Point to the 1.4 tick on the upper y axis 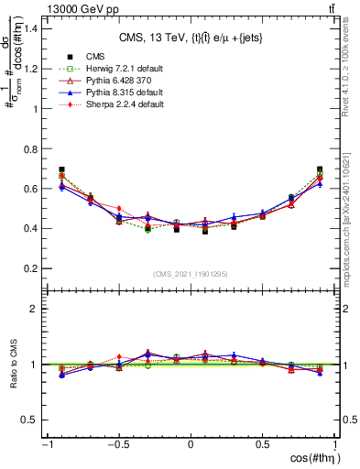(29, 28)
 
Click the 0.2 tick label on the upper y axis (29, 268)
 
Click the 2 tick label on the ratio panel (34, 309)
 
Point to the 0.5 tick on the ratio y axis (29, 420)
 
